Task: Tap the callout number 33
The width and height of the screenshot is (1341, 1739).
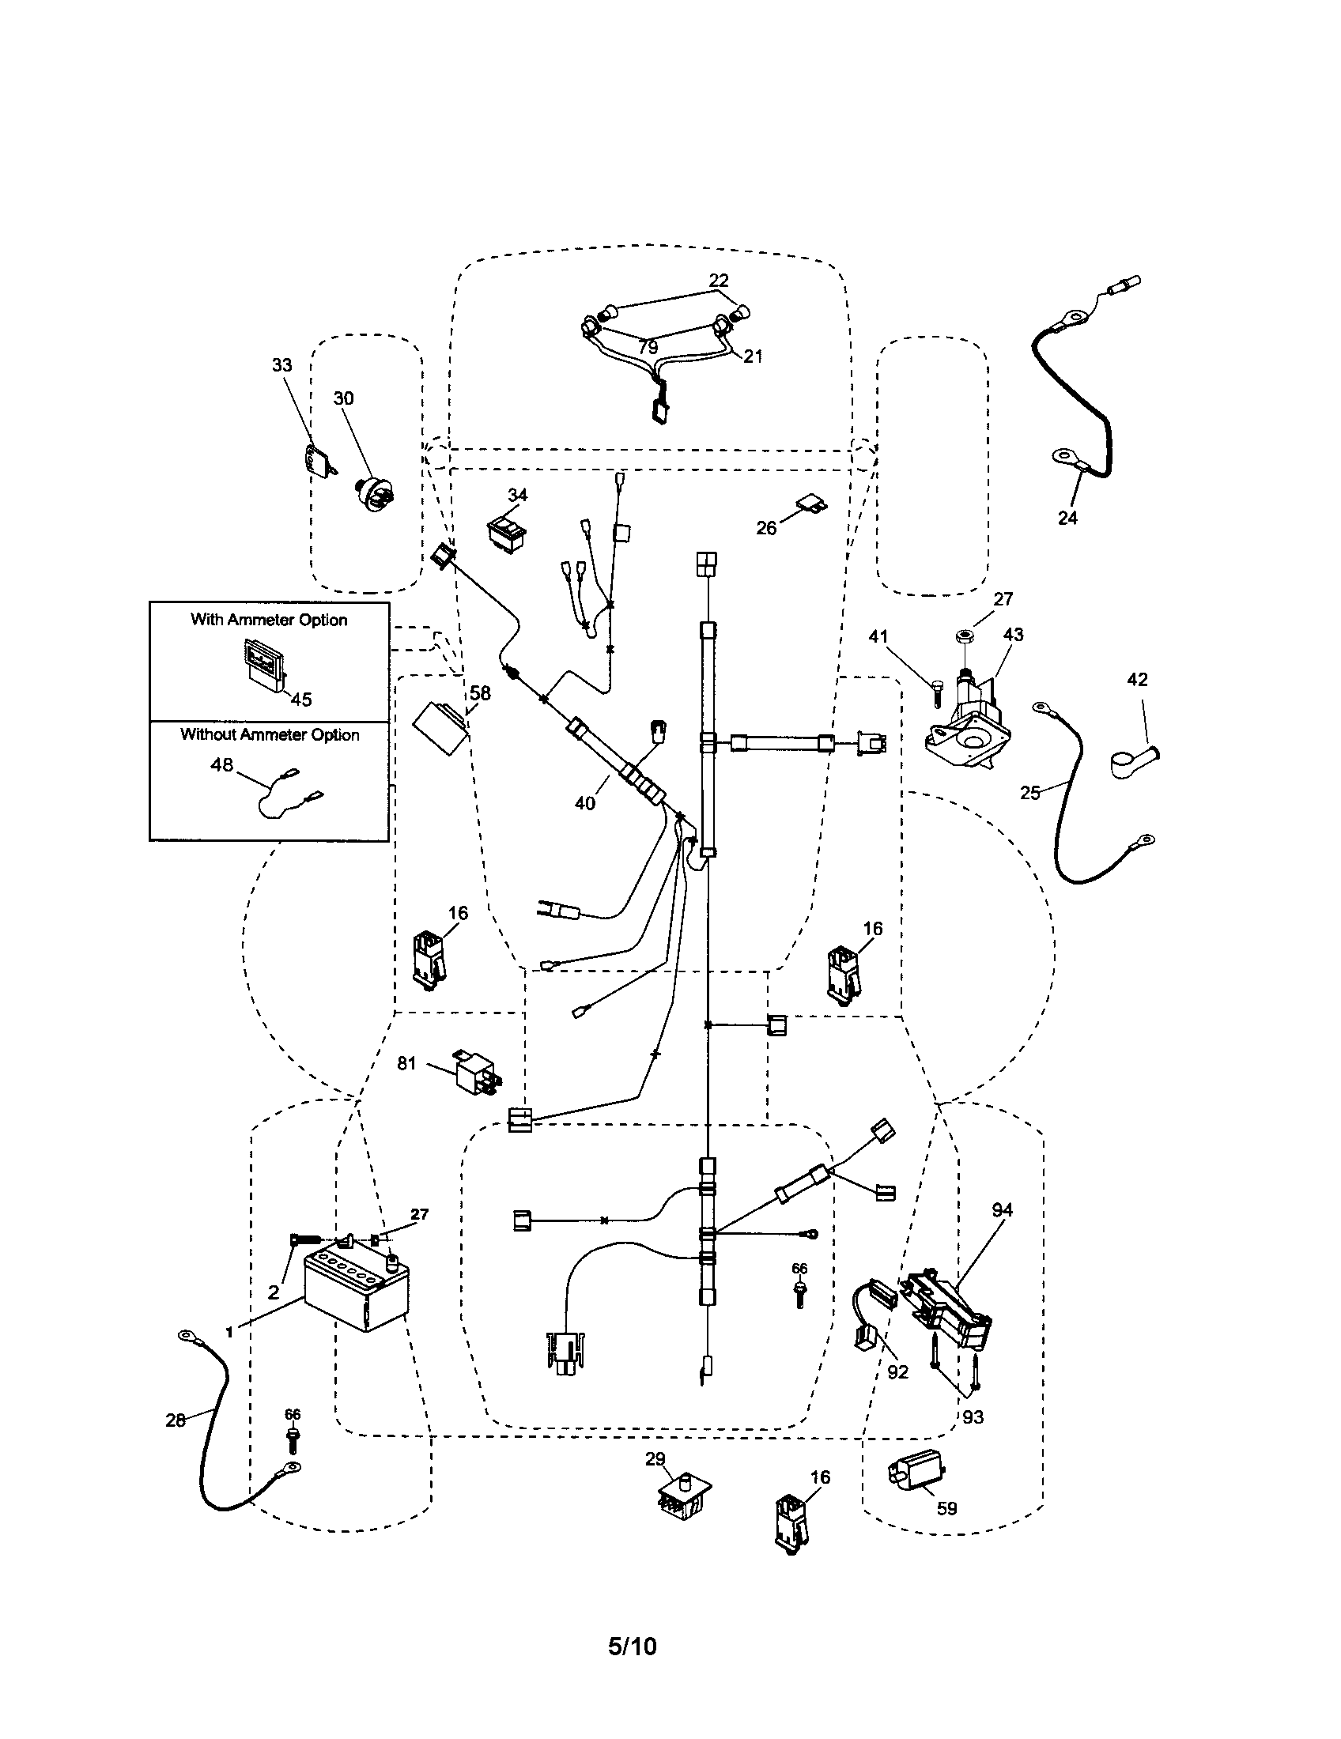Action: click(282, 365)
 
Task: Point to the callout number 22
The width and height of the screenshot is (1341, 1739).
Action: click(718, 281)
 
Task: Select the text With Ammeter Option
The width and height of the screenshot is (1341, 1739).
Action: click(268, 620)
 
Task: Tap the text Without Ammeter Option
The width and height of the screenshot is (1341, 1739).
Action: click(269, 734)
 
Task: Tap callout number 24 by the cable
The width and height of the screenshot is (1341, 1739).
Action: click(1067, 518)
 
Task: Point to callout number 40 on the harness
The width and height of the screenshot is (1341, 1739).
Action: click(584, 803)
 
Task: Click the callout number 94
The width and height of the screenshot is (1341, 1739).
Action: click(1002, 1209)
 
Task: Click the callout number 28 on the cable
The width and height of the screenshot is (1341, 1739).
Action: click(176, 1420)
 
